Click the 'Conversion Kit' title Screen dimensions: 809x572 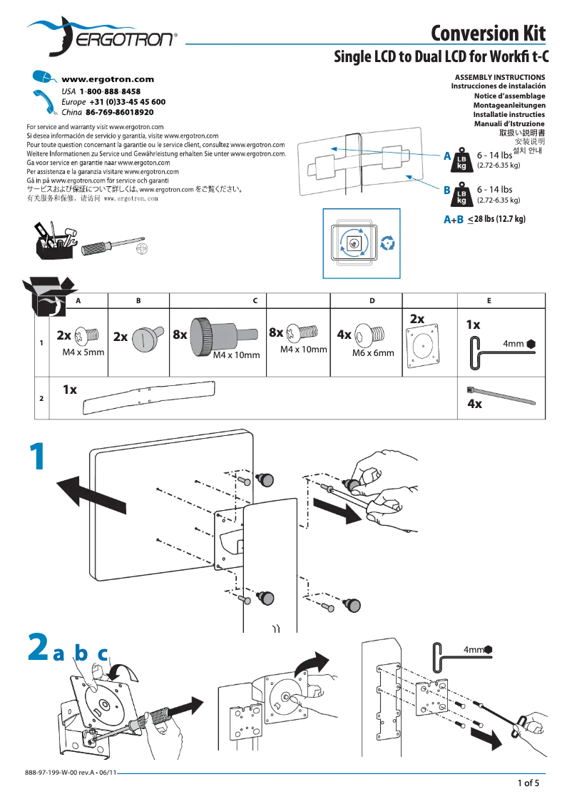tap(488, 33)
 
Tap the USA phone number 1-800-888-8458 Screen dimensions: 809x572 tap(110, 92)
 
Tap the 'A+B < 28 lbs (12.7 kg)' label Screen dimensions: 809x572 tap(485, 219)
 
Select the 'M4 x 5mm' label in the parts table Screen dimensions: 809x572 tap(83, 352)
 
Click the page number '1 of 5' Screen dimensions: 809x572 tap(528, 783)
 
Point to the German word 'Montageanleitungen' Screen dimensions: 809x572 tap(509, 105)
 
